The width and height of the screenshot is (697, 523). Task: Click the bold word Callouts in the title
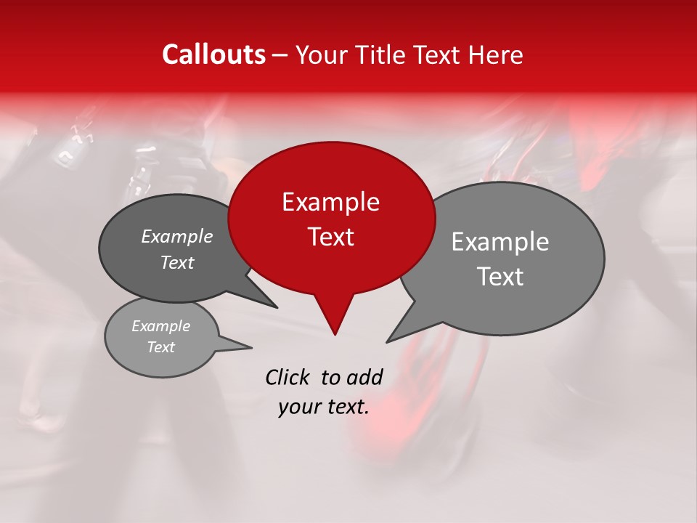pyautogui.click(x=213, y=54)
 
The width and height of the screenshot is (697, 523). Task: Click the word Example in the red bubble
pyautogui.click(x=330, y=202)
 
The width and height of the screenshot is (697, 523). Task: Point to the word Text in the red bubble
pyautogui.click(x=331, y=237)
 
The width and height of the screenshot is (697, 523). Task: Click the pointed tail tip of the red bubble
pyautogui.click(x=335, y=334)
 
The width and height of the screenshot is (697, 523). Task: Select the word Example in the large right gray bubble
pyautogui.click(x=500, y=242)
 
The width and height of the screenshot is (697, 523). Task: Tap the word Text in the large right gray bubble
pyautogui.click(x=500, y=277)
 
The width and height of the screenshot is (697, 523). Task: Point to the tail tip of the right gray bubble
pyautogui.click(x=388, y=341)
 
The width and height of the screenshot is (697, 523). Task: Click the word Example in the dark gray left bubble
pyautogui.click(x=177, y=237)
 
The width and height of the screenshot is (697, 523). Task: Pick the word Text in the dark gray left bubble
pyautogui.click(x=177, y=263)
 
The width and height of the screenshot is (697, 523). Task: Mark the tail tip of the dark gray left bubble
pyautogui.click(x=276, y=307)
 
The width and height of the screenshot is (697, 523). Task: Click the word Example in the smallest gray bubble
pyautogui.click(x=161, y=326)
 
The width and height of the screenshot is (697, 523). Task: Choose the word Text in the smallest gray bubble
pyautogui.click(x=161, y=347)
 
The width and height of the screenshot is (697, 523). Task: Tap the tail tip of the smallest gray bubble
pyautogui.click(x=251, y=347)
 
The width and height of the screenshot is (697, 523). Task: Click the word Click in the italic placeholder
pyautogui.click(x=288, y=378)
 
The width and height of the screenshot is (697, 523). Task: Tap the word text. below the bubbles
pyautogui.click(x=347, y=408)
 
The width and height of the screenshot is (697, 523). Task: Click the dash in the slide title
pyautogui.click(x=281, y=55)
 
